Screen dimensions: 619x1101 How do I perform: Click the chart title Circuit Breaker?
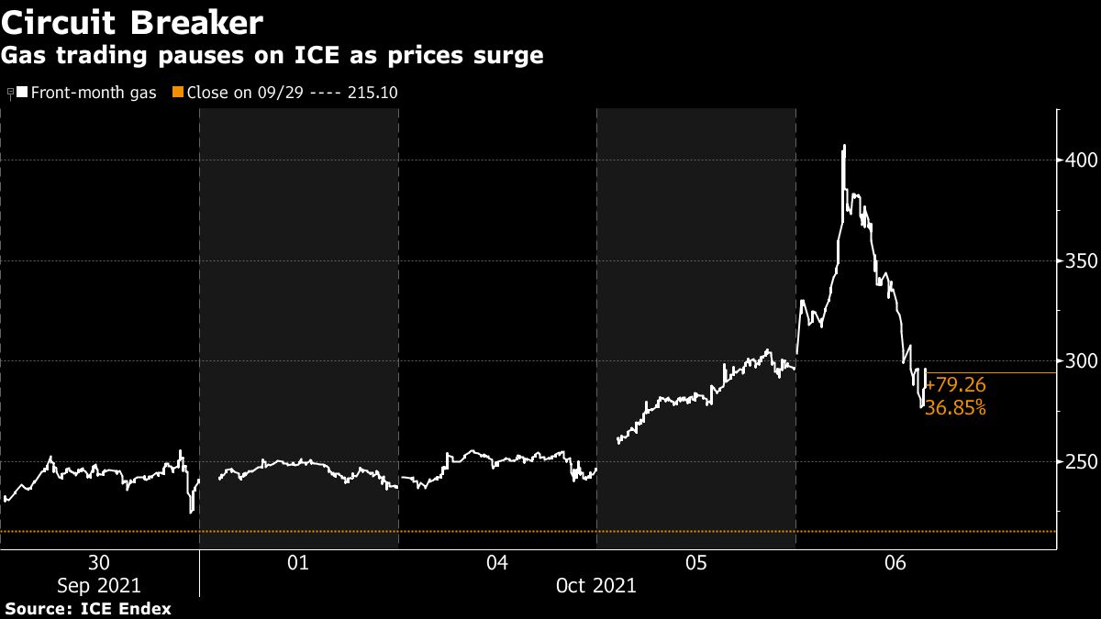coord(133,22)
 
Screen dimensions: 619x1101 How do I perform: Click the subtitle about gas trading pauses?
coord(272,56)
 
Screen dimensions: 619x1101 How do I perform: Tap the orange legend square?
coord(178,93)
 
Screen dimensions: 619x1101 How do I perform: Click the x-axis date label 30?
coord(99,562)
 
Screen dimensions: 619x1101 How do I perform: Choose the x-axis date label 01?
coord(298,562)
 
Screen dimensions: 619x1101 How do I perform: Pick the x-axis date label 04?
coord(497,562)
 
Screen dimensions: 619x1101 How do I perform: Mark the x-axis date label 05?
coord(695,562)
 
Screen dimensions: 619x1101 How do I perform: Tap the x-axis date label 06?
coord(895,562)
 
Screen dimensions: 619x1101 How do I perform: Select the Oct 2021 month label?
coord(595,584)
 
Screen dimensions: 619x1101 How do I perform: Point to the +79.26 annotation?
coord(955,386)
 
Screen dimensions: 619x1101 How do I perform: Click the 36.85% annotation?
coord(955,408)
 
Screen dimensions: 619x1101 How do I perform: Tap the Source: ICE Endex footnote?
coord(88,608)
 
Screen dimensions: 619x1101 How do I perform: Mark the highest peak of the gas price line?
coord(844,145)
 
